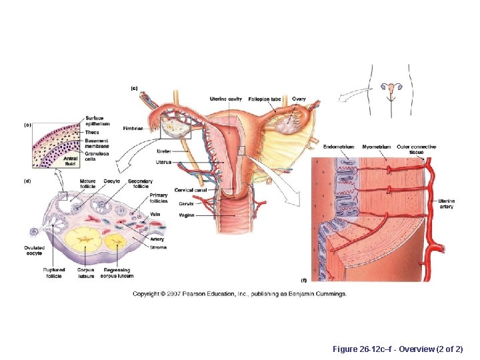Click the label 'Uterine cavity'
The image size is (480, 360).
click(225, 99)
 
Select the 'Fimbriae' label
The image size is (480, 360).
click(133, 128)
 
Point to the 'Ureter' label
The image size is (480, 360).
click(165, 151)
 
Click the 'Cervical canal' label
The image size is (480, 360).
click(191, 191)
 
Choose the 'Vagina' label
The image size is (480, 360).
click(187, 215)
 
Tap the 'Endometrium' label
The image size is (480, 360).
click(339, 147)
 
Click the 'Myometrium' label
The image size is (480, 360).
click(377, 147)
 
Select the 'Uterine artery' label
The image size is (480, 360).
click(447, 203)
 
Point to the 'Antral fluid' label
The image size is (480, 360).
click(71, 161)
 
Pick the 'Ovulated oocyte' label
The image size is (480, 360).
click(34, 250)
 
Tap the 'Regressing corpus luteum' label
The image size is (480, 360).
click(117, 273)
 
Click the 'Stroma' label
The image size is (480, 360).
click(158, 247)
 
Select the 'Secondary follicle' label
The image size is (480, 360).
click(140, 183)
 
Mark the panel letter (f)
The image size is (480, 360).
click(304, 281)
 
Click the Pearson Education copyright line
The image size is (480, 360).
click(239, 294)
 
